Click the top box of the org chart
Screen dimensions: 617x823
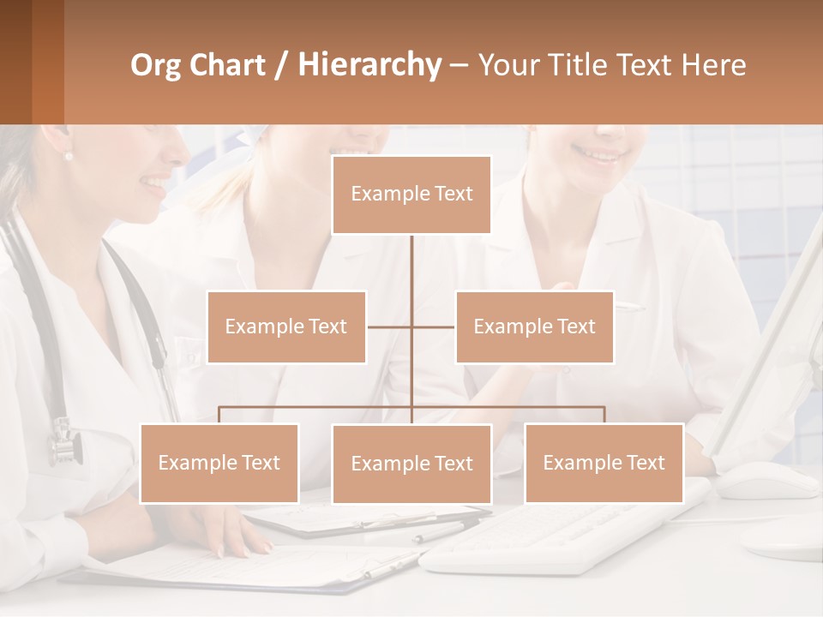point(411,195)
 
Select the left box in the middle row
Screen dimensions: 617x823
point(286,326)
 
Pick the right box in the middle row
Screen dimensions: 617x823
point(534,326)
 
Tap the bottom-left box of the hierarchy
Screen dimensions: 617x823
point(219,463)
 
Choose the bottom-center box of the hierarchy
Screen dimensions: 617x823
point(411,464)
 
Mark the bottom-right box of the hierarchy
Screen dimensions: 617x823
point(604,463)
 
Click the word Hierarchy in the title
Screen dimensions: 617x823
point(369,65)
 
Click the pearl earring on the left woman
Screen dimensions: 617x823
point(69,155)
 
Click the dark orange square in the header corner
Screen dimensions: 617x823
point(32,62)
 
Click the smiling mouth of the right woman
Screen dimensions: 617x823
point(599,154)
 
